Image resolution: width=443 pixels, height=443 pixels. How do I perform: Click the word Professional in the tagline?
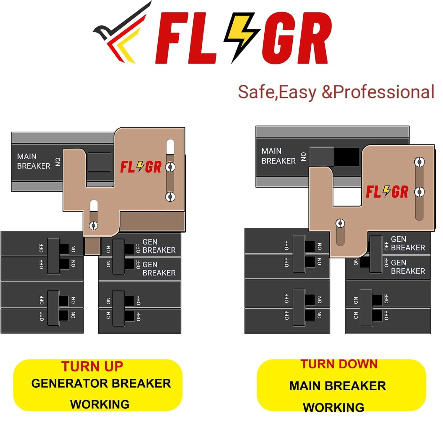click(384, 92)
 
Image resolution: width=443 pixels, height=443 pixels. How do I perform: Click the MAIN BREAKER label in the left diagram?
click(33, 161)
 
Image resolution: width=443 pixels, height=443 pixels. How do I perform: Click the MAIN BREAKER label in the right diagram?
click(278, 156)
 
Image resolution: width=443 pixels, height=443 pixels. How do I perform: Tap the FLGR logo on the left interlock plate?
click(141, 167)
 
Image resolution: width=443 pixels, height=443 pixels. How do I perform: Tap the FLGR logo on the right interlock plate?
click(387, 192)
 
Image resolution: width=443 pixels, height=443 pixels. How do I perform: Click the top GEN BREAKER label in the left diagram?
click(159, 246)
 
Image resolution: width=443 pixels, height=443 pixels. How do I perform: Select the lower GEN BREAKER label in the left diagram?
click(159, 269)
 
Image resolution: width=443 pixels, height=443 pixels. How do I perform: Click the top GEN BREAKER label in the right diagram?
click(408, 243)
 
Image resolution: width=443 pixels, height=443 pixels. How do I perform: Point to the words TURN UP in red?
click(92, 367)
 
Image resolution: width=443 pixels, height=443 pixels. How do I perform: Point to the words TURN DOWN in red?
click(339, 364)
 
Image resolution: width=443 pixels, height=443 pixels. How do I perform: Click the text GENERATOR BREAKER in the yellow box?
click(101, 384)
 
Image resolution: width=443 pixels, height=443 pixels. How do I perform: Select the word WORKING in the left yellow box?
click(100, 404)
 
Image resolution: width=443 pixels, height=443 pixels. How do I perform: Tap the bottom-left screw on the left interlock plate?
click(94, 226)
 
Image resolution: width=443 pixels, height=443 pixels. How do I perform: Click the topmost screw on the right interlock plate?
click(419, 162)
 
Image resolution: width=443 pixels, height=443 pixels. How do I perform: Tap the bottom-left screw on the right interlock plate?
click(340, 223)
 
